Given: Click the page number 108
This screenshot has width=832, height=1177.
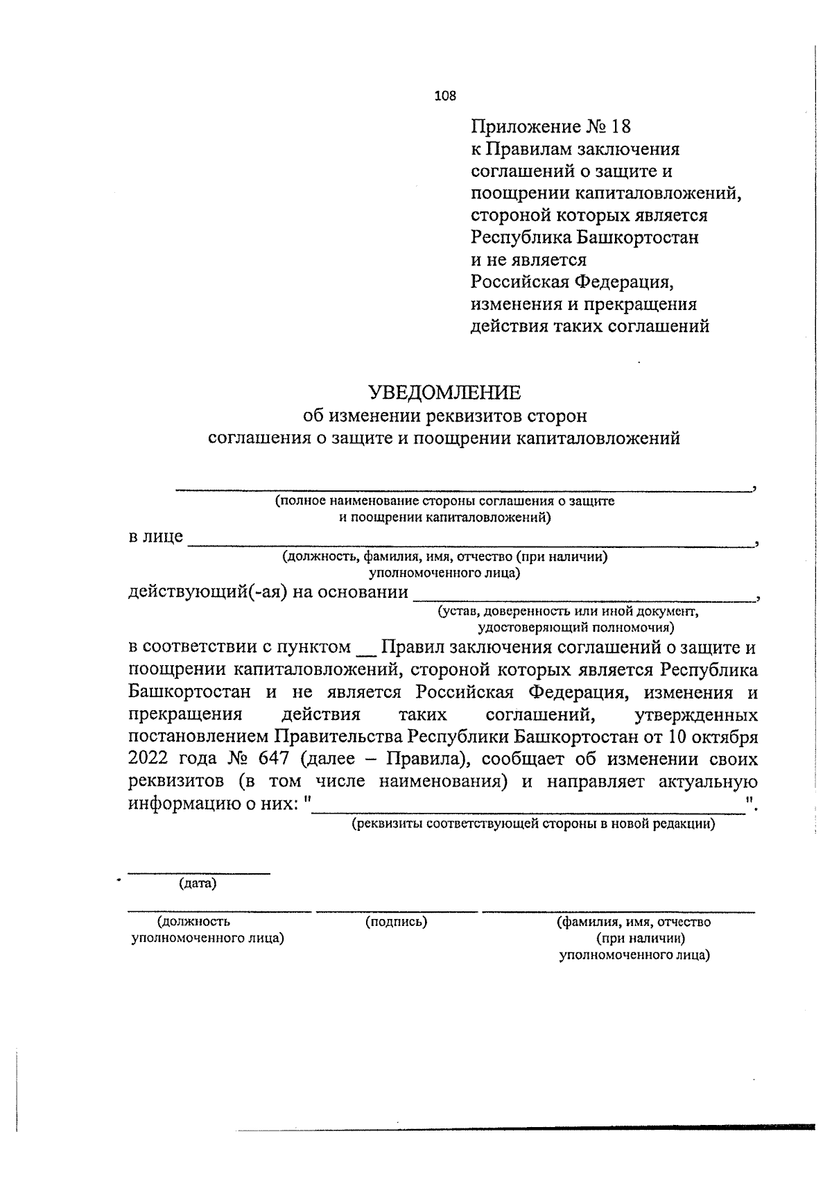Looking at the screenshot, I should (x=445, y=96).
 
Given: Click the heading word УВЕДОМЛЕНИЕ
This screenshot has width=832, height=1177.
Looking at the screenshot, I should (x=444, y=393).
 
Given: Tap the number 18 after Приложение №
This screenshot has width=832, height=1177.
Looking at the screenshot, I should (x=623, y=126).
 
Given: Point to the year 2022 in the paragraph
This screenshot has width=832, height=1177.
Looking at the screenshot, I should (x=150, y=758).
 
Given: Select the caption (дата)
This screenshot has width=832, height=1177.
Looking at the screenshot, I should (x=198, y=884).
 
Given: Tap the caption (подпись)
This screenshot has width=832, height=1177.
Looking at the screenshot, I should (x=396, y=922).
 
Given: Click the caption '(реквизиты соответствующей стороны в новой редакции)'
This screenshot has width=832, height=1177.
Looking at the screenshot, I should (x=533, y=825).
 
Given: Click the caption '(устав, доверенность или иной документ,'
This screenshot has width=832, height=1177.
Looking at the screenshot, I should (x=567, y=612).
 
